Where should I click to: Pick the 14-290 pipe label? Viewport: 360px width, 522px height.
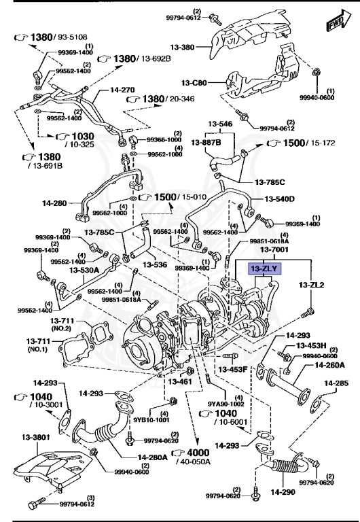point(282,489)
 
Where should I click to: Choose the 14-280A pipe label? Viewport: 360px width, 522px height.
point(153,457)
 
